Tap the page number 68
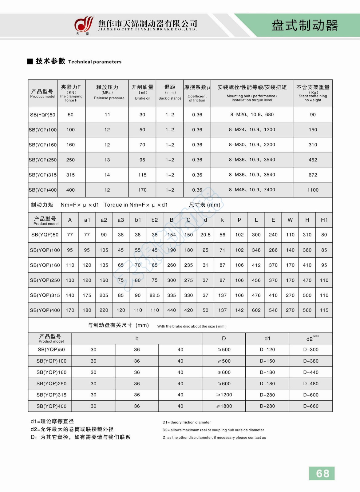322,473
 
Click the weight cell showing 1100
313,190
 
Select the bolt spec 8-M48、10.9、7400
252,190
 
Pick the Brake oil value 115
142,175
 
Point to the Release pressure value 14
107,175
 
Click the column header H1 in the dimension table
324,220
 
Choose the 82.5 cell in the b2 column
155,295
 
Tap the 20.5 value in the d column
205,235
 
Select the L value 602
256,310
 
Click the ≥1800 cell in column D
224,406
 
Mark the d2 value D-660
311,406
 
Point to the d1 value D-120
267,350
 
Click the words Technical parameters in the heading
95,62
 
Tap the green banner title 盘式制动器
304,26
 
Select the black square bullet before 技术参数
30,61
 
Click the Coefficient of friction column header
197,93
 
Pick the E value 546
273,310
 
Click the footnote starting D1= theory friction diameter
187,423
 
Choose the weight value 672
313,175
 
